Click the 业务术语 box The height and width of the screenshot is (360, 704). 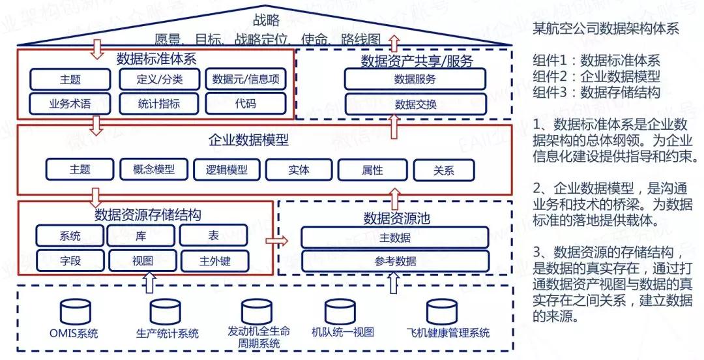pos(70,103)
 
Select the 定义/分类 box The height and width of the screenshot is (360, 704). pos(159,80)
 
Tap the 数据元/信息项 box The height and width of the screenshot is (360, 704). pos(245,80)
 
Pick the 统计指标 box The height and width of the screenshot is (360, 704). pos(159,103)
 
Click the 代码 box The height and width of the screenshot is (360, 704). pos(245,103)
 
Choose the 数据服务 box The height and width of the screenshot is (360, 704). pos(415,80)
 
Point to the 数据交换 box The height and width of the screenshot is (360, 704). pos(415,103)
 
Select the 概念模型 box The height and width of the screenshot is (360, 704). pos(154,170)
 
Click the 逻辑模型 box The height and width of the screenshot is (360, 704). pos(226,170)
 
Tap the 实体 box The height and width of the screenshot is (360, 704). pos(299,170)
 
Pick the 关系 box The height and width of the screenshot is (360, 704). pos(443,170)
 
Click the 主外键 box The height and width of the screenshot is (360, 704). pos(215,261)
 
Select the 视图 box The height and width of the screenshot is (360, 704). pos(142,261)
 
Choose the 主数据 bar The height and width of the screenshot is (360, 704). pos(395,238)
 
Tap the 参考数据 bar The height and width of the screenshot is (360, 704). pos(395,262)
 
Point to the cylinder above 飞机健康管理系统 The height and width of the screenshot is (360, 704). pos(441,310)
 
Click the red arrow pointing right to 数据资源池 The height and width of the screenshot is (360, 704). pos(276,241)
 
